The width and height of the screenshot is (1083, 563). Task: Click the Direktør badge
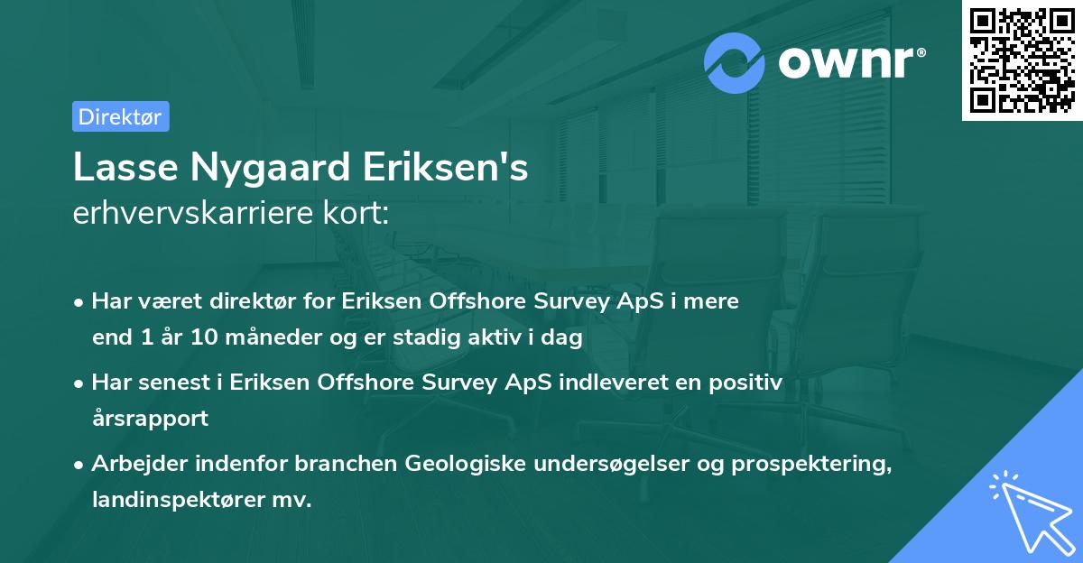click(x=120, y=116)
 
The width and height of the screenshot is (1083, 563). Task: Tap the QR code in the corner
click(x=1023, y=60)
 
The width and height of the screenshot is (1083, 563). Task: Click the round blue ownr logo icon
click(x=734, y=62)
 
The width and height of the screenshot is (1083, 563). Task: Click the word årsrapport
click(x=150, y=419)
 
